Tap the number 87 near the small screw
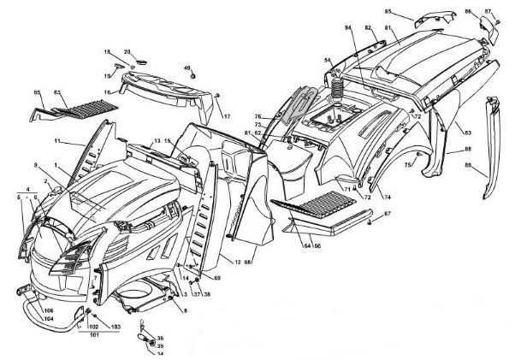click(488, 11)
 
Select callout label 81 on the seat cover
click(388, 28)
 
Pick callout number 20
click(127, 51)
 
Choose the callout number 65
click(37, 91)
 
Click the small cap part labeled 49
click(195, 77)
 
